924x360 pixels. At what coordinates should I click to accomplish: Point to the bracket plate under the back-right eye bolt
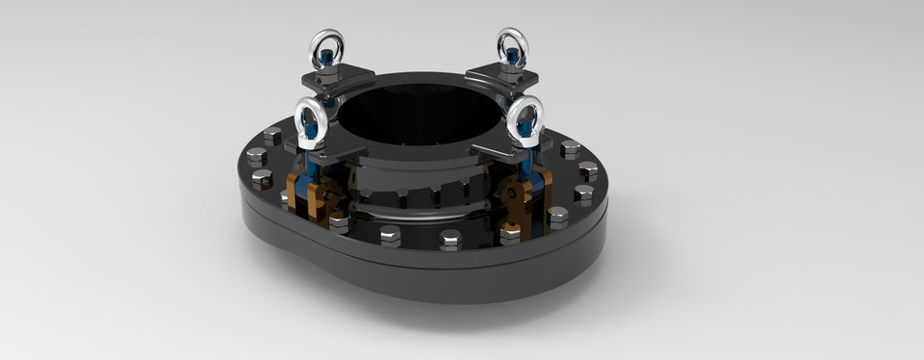500,75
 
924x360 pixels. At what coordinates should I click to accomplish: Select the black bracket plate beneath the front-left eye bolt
327,155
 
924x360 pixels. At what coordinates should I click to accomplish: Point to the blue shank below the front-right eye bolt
527,166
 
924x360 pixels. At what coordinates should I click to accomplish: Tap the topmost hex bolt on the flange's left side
272,135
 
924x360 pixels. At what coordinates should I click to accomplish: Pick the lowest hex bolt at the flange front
449,239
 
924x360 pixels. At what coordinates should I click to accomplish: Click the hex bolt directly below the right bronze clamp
510,232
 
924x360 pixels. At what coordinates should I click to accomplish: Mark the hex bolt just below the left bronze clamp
338,221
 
